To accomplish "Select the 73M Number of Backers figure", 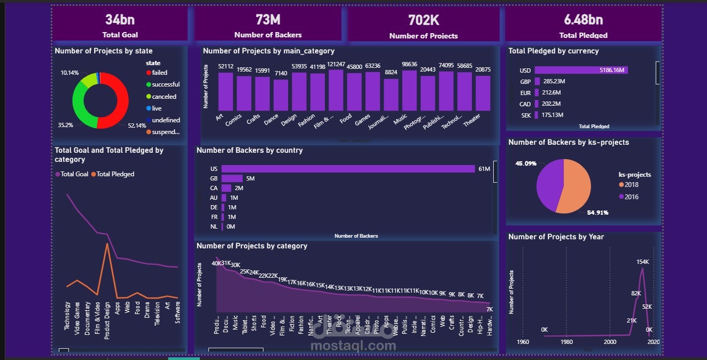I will coord(268,20).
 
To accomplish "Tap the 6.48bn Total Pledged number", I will coord(583,20).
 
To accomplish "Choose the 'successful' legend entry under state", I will coord(166,84).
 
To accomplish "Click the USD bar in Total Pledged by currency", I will coord(580,70).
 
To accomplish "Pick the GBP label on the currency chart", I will coord(525,82).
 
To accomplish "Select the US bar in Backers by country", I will coord(347,169).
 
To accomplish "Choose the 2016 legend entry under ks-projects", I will coord(631,197).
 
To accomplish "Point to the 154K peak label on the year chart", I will coord(642,262).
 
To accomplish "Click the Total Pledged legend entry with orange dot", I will coord(115,174).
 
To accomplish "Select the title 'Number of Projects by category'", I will coord(252,246).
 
